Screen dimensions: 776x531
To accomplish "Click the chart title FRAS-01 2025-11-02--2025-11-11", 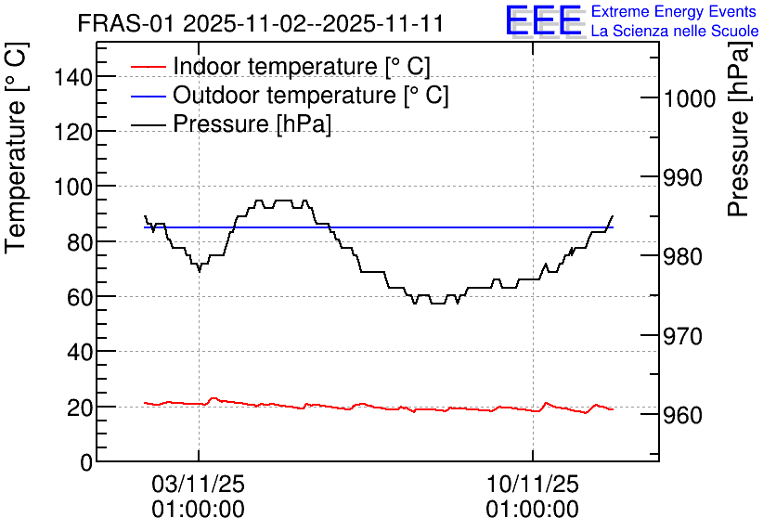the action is pos(260,23).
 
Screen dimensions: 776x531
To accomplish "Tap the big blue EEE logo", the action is pos(544,20).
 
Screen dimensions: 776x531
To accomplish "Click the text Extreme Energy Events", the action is pos(674,11).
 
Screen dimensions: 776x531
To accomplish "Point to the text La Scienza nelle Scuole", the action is pos(675,31).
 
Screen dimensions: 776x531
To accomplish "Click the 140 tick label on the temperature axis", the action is pos(72,77).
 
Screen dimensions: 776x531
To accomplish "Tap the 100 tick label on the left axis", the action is pos(72,188).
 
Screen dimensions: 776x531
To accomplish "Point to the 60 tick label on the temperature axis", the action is pos(80,297).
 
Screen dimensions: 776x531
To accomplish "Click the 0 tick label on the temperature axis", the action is pos(86,462).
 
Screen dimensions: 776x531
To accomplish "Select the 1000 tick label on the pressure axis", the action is pos(689,99).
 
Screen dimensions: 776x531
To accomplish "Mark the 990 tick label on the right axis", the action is pos(682,178).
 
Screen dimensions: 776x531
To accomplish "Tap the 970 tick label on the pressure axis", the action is pos(682,336).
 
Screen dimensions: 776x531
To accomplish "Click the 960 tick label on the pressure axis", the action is pos(682,416).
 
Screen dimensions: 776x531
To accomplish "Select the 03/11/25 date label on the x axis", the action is pos(198,484).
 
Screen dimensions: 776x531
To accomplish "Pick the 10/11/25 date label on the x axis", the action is pos(533,484).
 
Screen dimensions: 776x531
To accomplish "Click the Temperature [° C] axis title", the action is pos(16,148).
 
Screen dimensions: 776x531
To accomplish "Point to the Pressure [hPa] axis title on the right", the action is pos(740,129).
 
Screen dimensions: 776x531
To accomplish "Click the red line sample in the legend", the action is pos(148,67).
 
